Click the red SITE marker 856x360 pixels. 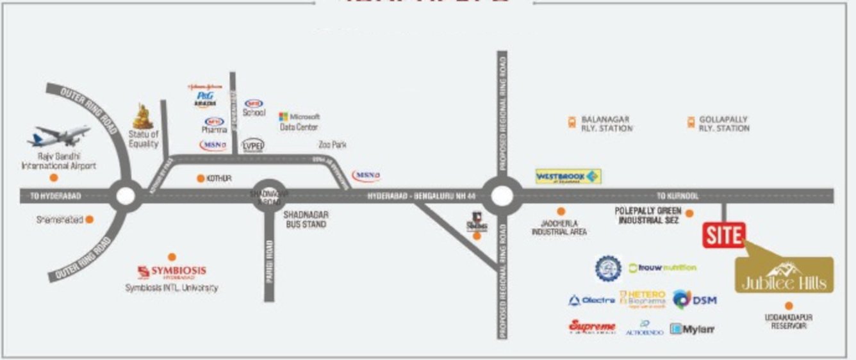[724, 235]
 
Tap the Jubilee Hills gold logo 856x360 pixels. [784, 275]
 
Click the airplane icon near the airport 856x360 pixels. [58, 136]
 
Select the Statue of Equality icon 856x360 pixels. [143, 117]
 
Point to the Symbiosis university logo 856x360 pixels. [172, 272]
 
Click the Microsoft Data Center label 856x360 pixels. [299, 122]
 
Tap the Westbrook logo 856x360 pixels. [568, 176]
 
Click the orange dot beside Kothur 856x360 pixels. [201, 178]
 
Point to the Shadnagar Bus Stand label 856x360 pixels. [305, 220]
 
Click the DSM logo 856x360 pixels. [695, 299]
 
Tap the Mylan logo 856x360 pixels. [692, 329]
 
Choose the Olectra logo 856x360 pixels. [591, 300]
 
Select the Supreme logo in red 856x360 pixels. [592, 327]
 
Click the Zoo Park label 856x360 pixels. [333, 145]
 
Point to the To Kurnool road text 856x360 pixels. [677, 196]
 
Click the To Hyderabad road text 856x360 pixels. [56, 196]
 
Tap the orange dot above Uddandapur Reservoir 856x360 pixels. [788, 306]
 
